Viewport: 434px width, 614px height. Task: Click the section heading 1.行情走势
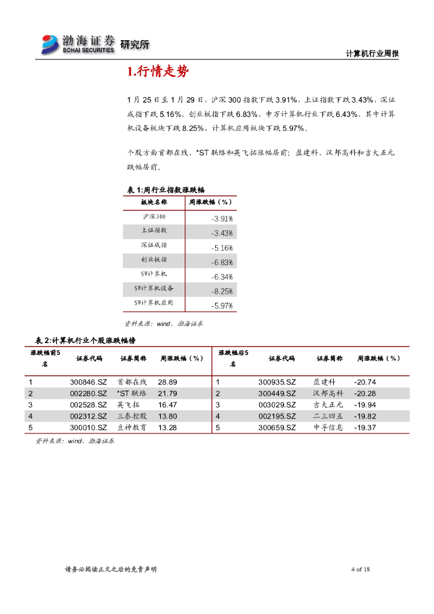158,73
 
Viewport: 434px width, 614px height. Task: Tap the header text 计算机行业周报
372,54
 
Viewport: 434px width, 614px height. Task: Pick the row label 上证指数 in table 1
154,230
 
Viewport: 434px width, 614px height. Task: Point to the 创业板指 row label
154,260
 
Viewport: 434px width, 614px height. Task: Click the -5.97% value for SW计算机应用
222,306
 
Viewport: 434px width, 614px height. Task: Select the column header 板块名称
154,203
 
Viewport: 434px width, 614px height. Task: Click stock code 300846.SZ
88,382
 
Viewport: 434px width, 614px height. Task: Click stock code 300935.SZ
277,382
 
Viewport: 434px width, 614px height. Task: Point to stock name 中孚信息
328,428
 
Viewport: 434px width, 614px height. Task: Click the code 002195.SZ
277,416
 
